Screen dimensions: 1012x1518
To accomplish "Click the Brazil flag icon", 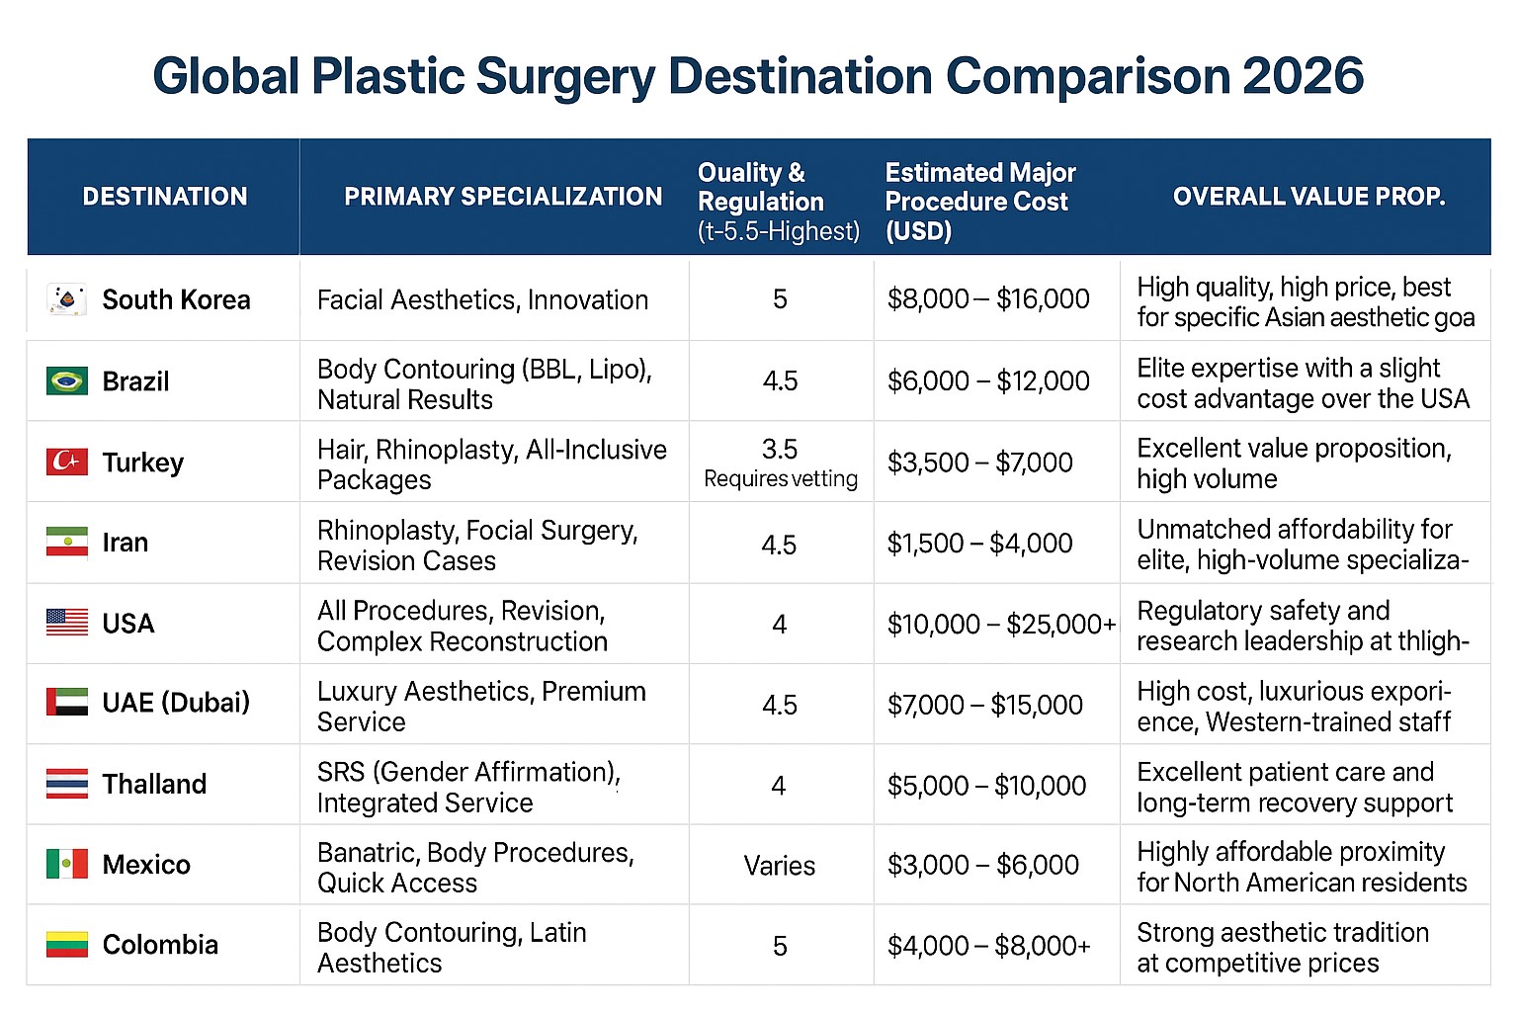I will coord(66,380).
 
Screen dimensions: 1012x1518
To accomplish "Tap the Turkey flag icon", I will coord(66,462).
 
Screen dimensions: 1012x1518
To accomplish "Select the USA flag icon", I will coord(66,623).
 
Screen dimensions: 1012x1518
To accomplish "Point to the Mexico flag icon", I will coord(66,864).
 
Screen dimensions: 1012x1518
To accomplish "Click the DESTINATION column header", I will coord(164,197).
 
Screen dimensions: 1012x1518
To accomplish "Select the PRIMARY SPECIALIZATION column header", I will coord(502,197).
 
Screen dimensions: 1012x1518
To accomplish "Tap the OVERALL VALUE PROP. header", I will coord(1308,197).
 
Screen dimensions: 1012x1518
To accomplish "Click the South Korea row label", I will coord(176,299).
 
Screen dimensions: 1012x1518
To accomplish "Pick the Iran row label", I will coord(126,543).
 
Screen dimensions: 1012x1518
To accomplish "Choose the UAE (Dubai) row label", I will coord(176,703).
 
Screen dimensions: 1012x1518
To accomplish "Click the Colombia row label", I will coord(160,945).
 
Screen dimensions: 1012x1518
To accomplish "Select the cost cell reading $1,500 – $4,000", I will coord(979,544).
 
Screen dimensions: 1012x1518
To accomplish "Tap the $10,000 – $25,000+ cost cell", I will coord(1001,625).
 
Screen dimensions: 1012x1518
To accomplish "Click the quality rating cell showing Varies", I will coord(779,866).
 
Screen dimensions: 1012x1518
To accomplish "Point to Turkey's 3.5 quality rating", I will coord(779,449).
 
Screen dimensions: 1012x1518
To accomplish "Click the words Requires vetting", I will coord(781,479).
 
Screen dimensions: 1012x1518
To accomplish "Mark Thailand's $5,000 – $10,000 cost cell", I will coord(986,786).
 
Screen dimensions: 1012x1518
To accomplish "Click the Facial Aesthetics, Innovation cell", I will coord(482,299).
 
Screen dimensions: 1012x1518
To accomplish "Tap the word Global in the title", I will coord(225,76).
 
